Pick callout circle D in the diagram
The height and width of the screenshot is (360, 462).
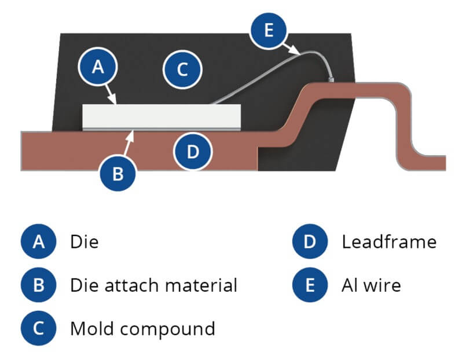click(x=193, y=152)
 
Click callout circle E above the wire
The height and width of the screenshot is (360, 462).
click(x=267, y=31)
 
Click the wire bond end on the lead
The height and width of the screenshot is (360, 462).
click(x=331, y=79)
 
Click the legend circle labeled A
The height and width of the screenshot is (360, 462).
click(x=39, y=241)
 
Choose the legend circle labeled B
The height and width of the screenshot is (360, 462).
click(x=39, y=285)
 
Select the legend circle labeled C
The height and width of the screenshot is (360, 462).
click(x=39, y=328)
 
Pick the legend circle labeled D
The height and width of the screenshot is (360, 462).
click(x=310, y=241)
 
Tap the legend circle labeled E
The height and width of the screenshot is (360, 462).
click(x=310, y=285)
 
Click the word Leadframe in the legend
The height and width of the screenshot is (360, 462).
click(x=388, y=241)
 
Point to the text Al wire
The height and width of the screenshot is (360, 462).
click(x=371, y=285)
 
